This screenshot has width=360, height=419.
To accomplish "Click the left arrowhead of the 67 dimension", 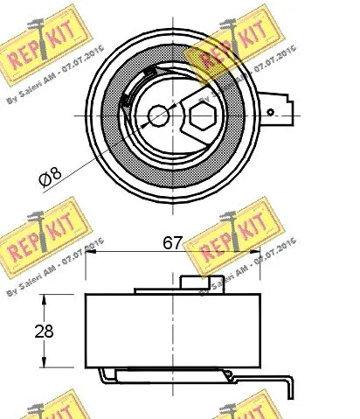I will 89,253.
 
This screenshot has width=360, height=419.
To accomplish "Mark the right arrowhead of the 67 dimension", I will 260,253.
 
